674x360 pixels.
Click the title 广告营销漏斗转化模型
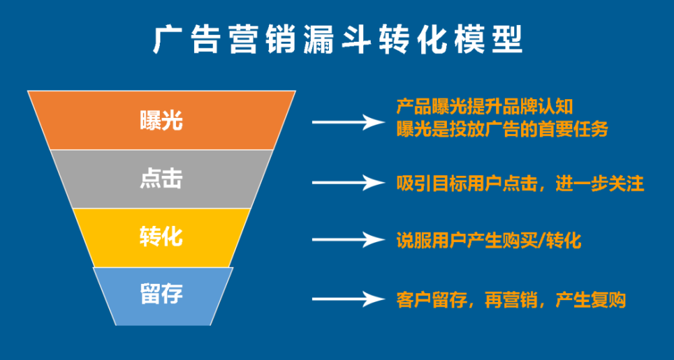click(338, 40)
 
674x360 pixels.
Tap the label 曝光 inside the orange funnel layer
click(161, 121)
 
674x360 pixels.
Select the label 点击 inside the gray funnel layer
click(161, 179)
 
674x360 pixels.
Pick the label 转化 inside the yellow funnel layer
click(161, 237)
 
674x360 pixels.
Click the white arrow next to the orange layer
click(348, 122)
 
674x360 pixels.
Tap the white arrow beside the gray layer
click(348, 183)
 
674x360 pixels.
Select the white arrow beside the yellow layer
click(348, 239)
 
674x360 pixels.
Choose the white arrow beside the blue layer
click(348, 299)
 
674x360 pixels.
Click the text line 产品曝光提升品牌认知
click(485, 107)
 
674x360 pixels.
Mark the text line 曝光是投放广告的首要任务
click(502, 129)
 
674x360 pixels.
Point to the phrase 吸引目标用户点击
click(467, 183)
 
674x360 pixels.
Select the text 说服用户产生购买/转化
click(489, 241)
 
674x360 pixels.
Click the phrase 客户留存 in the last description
click(431, 300)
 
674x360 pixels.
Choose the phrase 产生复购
click(590, 300)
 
